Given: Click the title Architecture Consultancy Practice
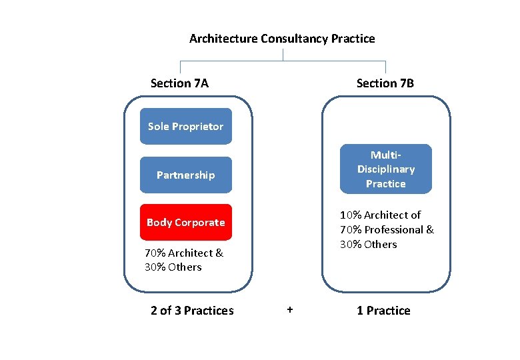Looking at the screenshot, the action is click(x=282, y=39).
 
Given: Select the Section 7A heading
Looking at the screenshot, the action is click(x=179, y=83).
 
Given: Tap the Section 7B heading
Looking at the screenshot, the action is click(x=385, y=83).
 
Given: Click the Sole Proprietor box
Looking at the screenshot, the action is click(x=185, y=126).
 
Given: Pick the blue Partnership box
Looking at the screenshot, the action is click(x=185, y=175).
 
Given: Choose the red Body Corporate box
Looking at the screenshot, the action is click(x=185, y=222).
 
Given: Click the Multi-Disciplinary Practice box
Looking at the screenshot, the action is click(x=385, y=169).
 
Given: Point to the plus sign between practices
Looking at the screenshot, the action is click(x=289, y=310).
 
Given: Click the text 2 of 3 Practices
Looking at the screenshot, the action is click(x=192, y=311).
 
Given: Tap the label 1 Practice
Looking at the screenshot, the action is click(x=383, y=311).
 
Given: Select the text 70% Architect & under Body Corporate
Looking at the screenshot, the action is click(x=184, y=253).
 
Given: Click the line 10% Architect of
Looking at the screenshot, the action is click(x=380, y=215).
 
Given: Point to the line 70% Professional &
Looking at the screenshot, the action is click(x=387, y=229).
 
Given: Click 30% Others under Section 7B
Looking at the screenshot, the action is click(x=368, y=244).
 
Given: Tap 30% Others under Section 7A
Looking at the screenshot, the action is click(x=173, y=267).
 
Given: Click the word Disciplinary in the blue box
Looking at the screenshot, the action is click(x=385, y=169).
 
